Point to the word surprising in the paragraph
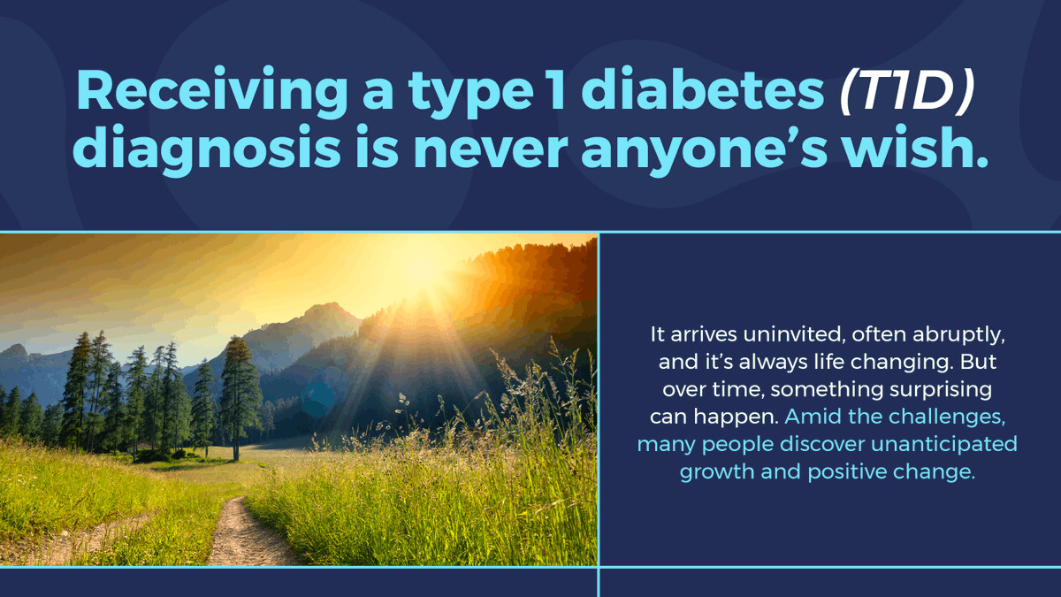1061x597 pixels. (927, 390)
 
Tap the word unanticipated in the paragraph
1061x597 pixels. (943, 444)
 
